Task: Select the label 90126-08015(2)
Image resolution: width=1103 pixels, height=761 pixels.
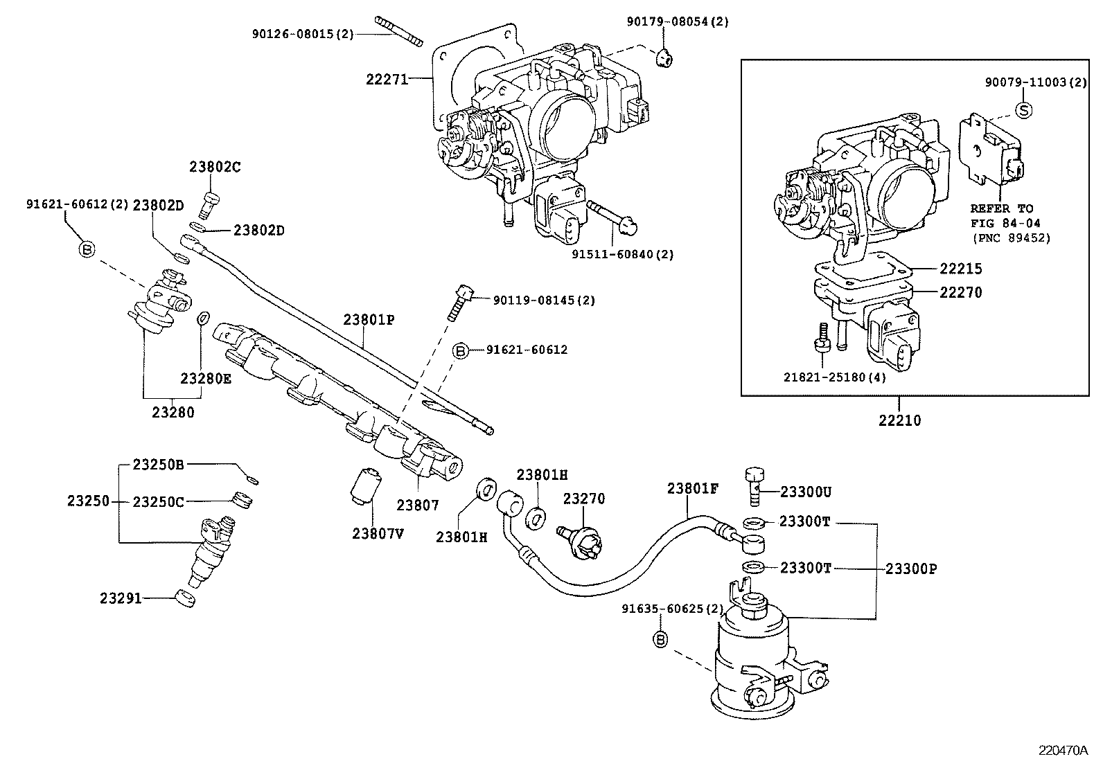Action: (x=303, y=33)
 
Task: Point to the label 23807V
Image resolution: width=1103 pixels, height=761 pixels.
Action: (x=378, y=533)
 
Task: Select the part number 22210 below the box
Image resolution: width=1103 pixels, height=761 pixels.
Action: (x=900, y=420)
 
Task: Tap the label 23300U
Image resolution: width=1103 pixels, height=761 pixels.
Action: (x=805, y=492)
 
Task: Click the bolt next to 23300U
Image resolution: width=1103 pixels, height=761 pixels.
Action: (x=755, y=485)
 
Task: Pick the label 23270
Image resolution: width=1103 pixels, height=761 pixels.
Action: (x=583, y=499)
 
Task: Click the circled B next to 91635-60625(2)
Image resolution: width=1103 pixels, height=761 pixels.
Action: (x=660, y=640)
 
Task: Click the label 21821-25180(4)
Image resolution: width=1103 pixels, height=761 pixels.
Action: (x=834, y=377)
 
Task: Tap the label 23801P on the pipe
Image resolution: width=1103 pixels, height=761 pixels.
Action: (x=368, y=319)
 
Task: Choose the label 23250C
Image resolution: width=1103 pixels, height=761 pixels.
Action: (x=158, y=501)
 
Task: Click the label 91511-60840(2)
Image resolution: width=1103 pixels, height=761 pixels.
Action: (x=622, y=254)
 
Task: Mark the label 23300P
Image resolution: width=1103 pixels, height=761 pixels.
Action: (x=911, y=568)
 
